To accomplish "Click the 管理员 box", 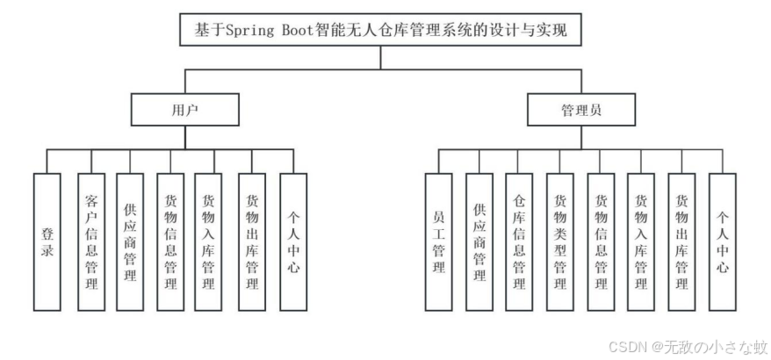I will click(x=581, y=111).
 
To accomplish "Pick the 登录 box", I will click(x=47, y=241).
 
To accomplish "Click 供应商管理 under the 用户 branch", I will click(x=130, y=241).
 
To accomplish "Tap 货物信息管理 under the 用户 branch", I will click(x=171, y=241).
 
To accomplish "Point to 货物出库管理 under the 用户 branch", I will click(x=252, y=241).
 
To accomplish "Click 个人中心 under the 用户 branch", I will click(x=293, y=241).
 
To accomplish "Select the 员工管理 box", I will click(x=439, y=241).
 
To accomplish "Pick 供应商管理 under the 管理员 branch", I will click(x=479, y=241).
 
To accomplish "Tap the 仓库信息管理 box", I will click(x=520, y=241).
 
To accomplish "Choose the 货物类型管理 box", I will click(x=560, y=241).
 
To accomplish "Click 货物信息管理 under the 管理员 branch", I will click(x=601, y=241).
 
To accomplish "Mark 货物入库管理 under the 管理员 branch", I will click(x=641, y=241).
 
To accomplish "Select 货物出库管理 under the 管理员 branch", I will click(x=681, y=241).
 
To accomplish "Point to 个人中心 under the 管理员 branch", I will click(x=722, y=241).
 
